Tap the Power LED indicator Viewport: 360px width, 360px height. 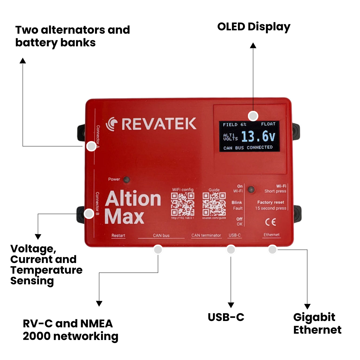pyautogui.click(x=126, y=180)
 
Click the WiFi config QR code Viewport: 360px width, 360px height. pyautogui.click(x=183, y=204)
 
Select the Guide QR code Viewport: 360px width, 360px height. pyautogui.click(x=214, y=204)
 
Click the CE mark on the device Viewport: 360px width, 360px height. pyautogui.click(x=270, y=222)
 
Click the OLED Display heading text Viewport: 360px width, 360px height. pyautogui.click(x=254, y=27)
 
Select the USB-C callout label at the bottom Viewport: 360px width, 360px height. pyautogui.click(x=226, y=317)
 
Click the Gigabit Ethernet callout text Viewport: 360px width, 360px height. pyautogui.click(x=317, y=323)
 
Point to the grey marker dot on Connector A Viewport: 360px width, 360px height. pyautogui.click(x=91, y=146)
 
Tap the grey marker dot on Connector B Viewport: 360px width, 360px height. pyautogui.click(x=89, y=214)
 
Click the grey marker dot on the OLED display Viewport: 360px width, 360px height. pyautogui.click(x=253, y=116)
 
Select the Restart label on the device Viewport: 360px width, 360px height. pyautogui.click(x=118, y=235)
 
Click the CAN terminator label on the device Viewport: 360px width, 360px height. pyautogui.click(x=206, y=235)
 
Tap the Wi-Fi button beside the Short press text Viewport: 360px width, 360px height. pyautogui.click(x=251, y=189)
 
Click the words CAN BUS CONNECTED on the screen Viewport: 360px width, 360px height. pyautogui.click(x=248, y=147)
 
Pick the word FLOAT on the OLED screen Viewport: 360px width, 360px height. pyautogui.click(x=268, y=124)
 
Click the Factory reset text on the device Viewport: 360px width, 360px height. pyautogui.click(x=271, y=202)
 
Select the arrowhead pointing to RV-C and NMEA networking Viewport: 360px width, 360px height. pyautogui.click(x=99, y=303)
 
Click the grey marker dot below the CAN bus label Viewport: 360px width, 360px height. pyautogui.click(x=158, y=249)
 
